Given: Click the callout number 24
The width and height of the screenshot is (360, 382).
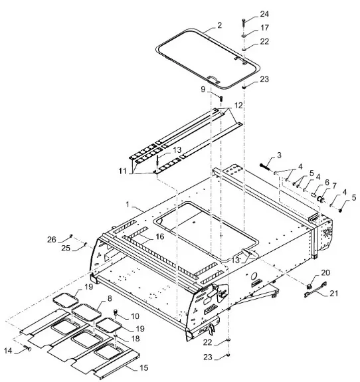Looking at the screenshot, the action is tap(264, 14).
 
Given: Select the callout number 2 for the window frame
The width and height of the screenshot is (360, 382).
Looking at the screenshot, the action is tap(219, 25).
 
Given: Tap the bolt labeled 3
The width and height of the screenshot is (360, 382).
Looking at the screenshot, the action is tap(264, 167).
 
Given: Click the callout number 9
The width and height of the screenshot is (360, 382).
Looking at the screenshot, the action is tap(203, 90).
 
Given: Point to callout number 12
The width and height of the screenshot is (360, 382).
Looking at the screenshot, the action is tap(238, 106).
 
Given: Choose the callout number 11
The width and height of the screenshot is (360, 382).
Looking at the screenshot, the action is tap(123, 171).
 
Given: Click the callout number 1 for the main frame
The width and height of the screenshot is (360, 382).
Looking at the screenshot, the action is tap(128, 204).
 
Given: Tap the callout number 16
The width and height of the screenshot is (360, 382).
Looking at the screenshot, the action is tap(160, 237).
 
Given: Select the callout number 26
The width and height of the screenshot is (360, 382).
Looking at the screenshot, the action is tap(52, 240).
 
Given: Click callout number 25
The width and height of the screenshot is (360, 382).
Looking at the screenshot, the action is tap(66, 248).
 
